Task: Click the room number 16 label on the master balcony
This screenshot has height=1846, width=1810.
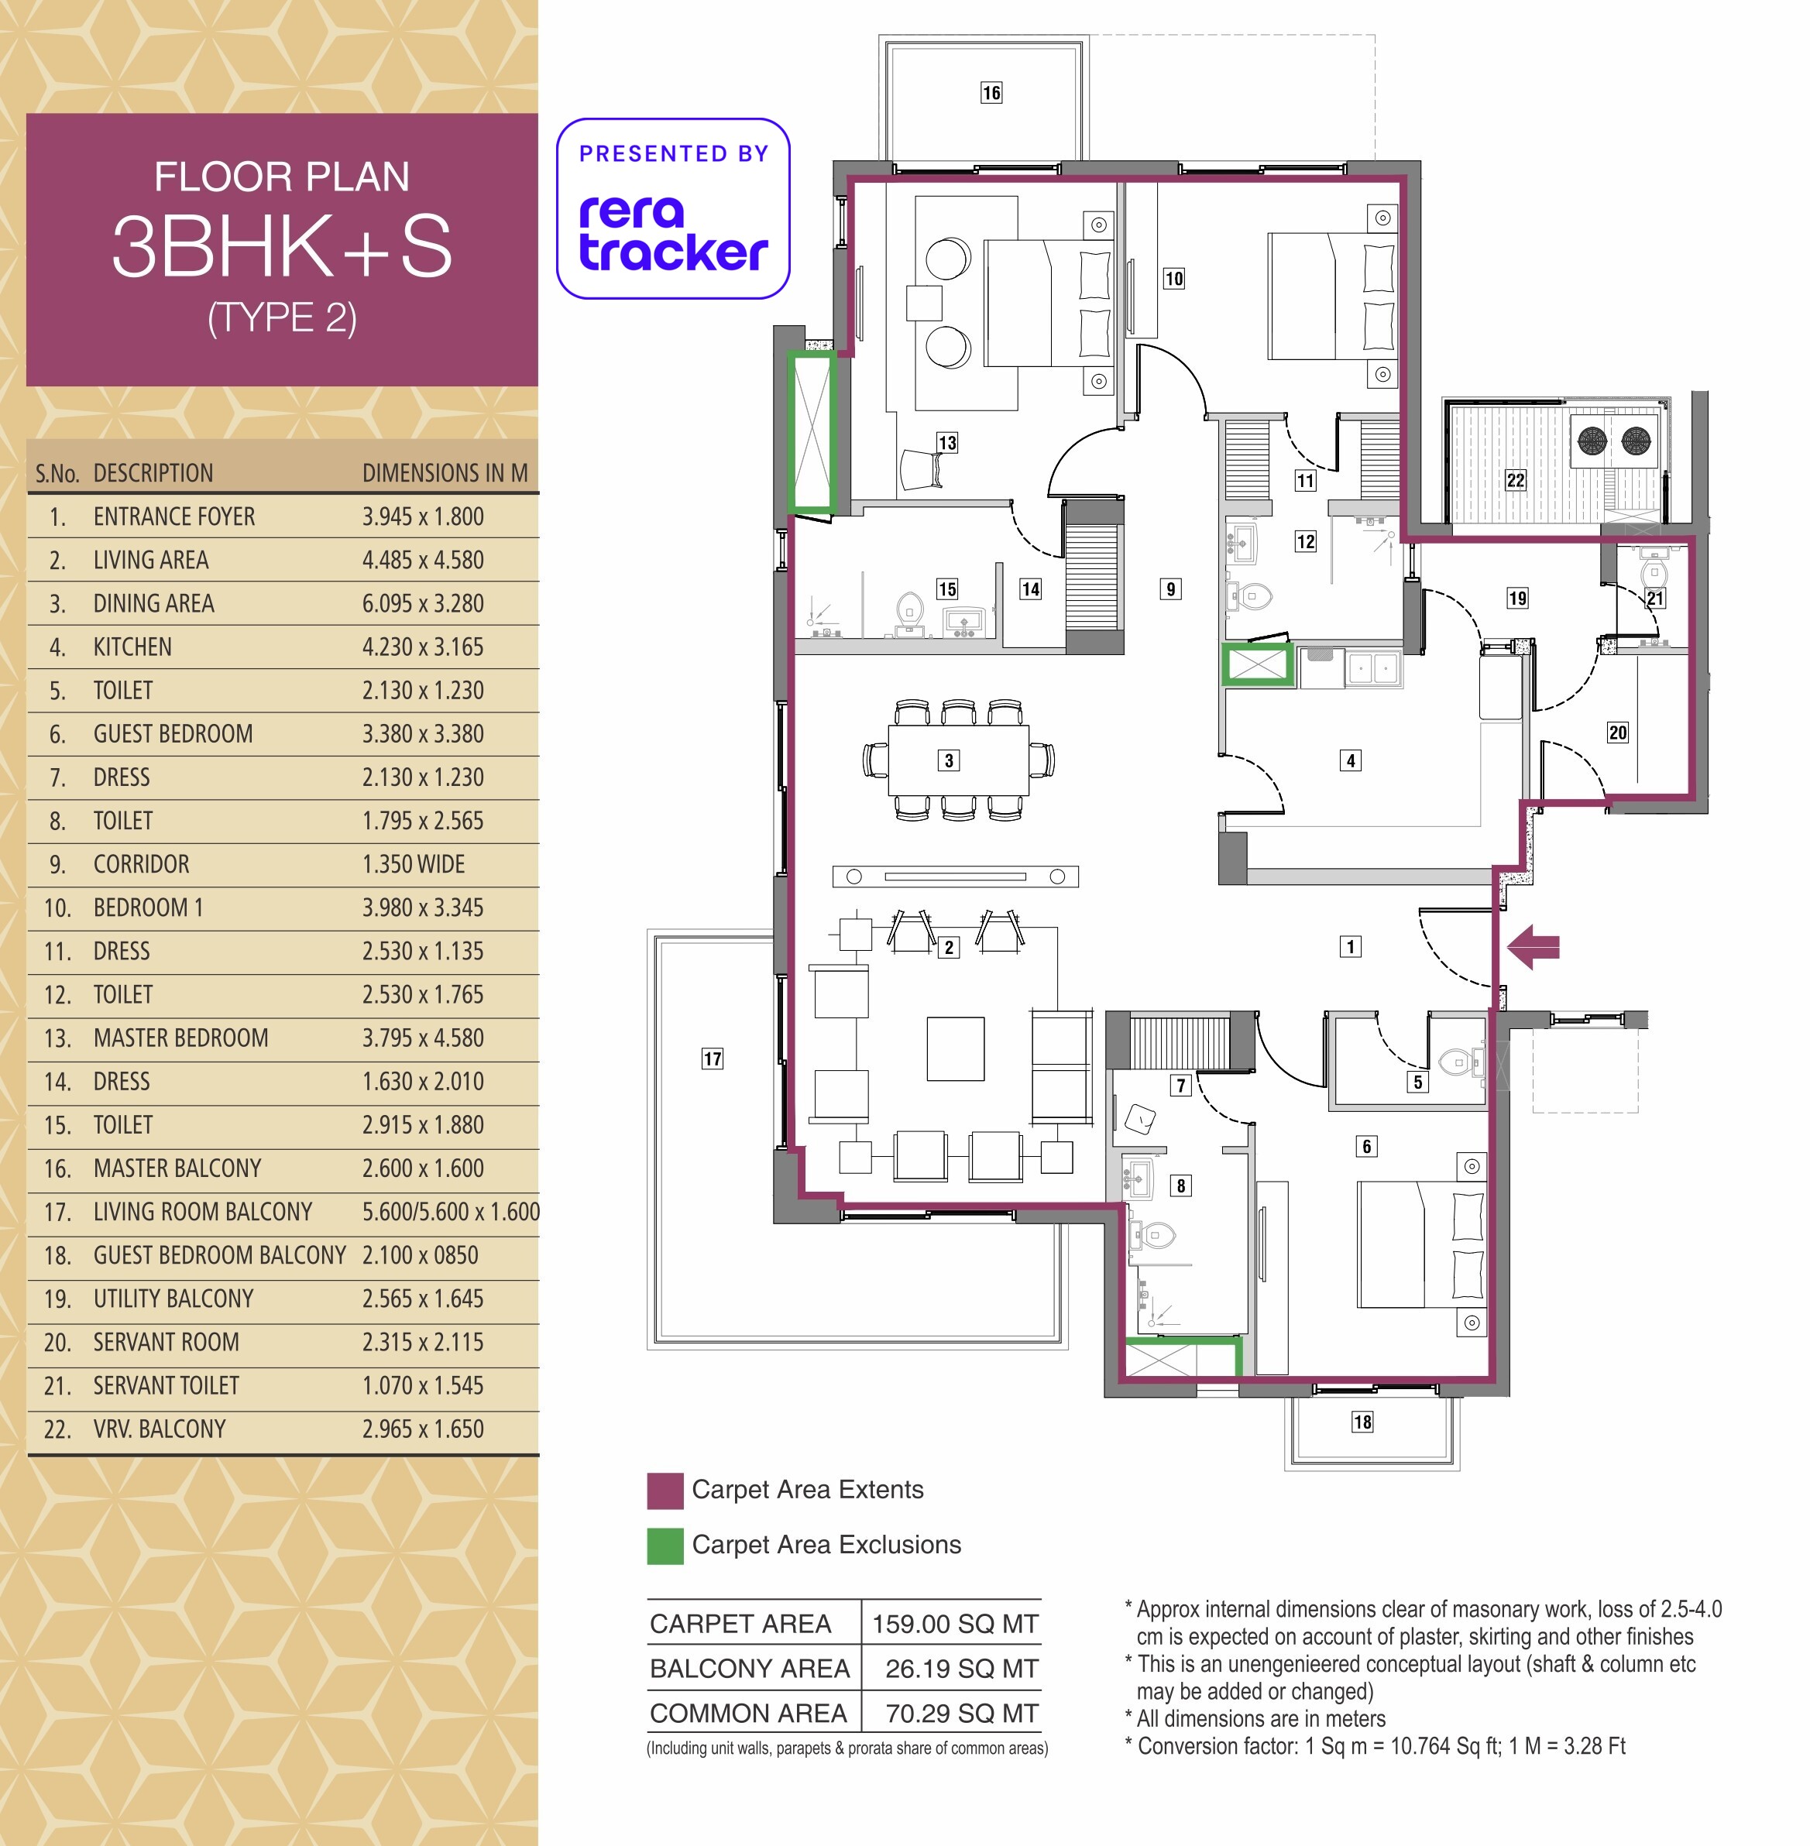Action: point(991,92)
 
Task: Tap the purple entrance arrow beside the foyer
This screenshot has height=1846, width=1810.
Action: point(1534,947)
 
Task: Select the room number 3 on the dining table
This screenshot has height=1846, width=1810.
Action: point(949,760)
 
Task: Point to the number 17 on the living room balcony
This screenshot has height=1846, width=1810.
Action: point(712,1059)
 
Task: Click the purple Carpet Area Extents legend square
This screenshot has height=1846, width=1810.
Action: point(665,1491)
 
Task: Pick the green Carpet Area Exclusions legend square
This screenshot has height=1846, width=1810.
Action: point(665,1546)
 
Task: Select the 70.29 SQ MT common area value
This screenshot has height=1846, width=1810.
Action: point(962,1713)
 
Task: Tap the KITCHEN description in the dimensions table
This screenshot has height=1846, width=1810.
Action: point(133,647)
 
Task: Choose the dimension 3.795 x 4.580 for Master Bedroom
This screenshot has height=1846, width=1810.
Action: point(423,1038)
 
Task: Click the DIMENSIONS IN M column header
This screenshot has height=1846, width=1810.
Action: point(445,473)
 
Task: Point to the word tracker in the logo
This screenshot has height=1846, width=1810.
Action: point(673,251)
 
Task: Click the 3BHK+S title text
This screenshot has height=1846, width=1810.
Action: point(283,246)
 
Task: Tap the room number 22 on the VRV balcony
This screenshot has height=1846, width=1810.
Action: point(1516,480)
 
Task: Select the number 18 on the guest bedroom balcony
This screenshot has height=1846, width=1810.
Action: point(1362,1422)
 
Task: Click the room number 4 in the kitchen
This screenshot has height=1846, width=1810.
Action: point(1351,760)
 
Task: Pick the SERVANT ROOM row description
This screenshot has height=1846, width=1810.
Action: point(167,1342)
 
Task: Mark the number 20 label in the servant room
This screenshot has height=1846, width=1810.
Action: point(1618,732)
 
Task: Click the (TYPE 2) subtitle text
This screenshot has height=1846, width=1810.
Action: point(283,317)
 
